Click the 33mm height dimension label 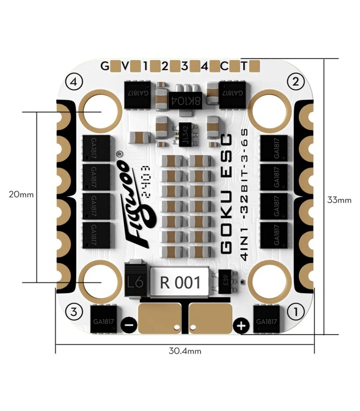pyautogui.click(x=339, y=200)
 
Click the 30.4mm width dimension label pyautogui.click(x=185, y=351)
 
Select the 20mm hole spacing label pyautogui.click(x=21, y=195)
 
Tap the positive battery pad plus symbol pyautogui.click(x=241, y=324)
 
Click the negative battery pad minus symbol pyautogui.click(x=128, y=324)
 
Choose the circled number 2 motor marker pyautogui.click(x=295, y=81)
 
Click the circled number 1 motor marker pyautogui.click(x=295, y=310)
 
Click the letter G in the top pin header pyautogui.click(x=104, y=66)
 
